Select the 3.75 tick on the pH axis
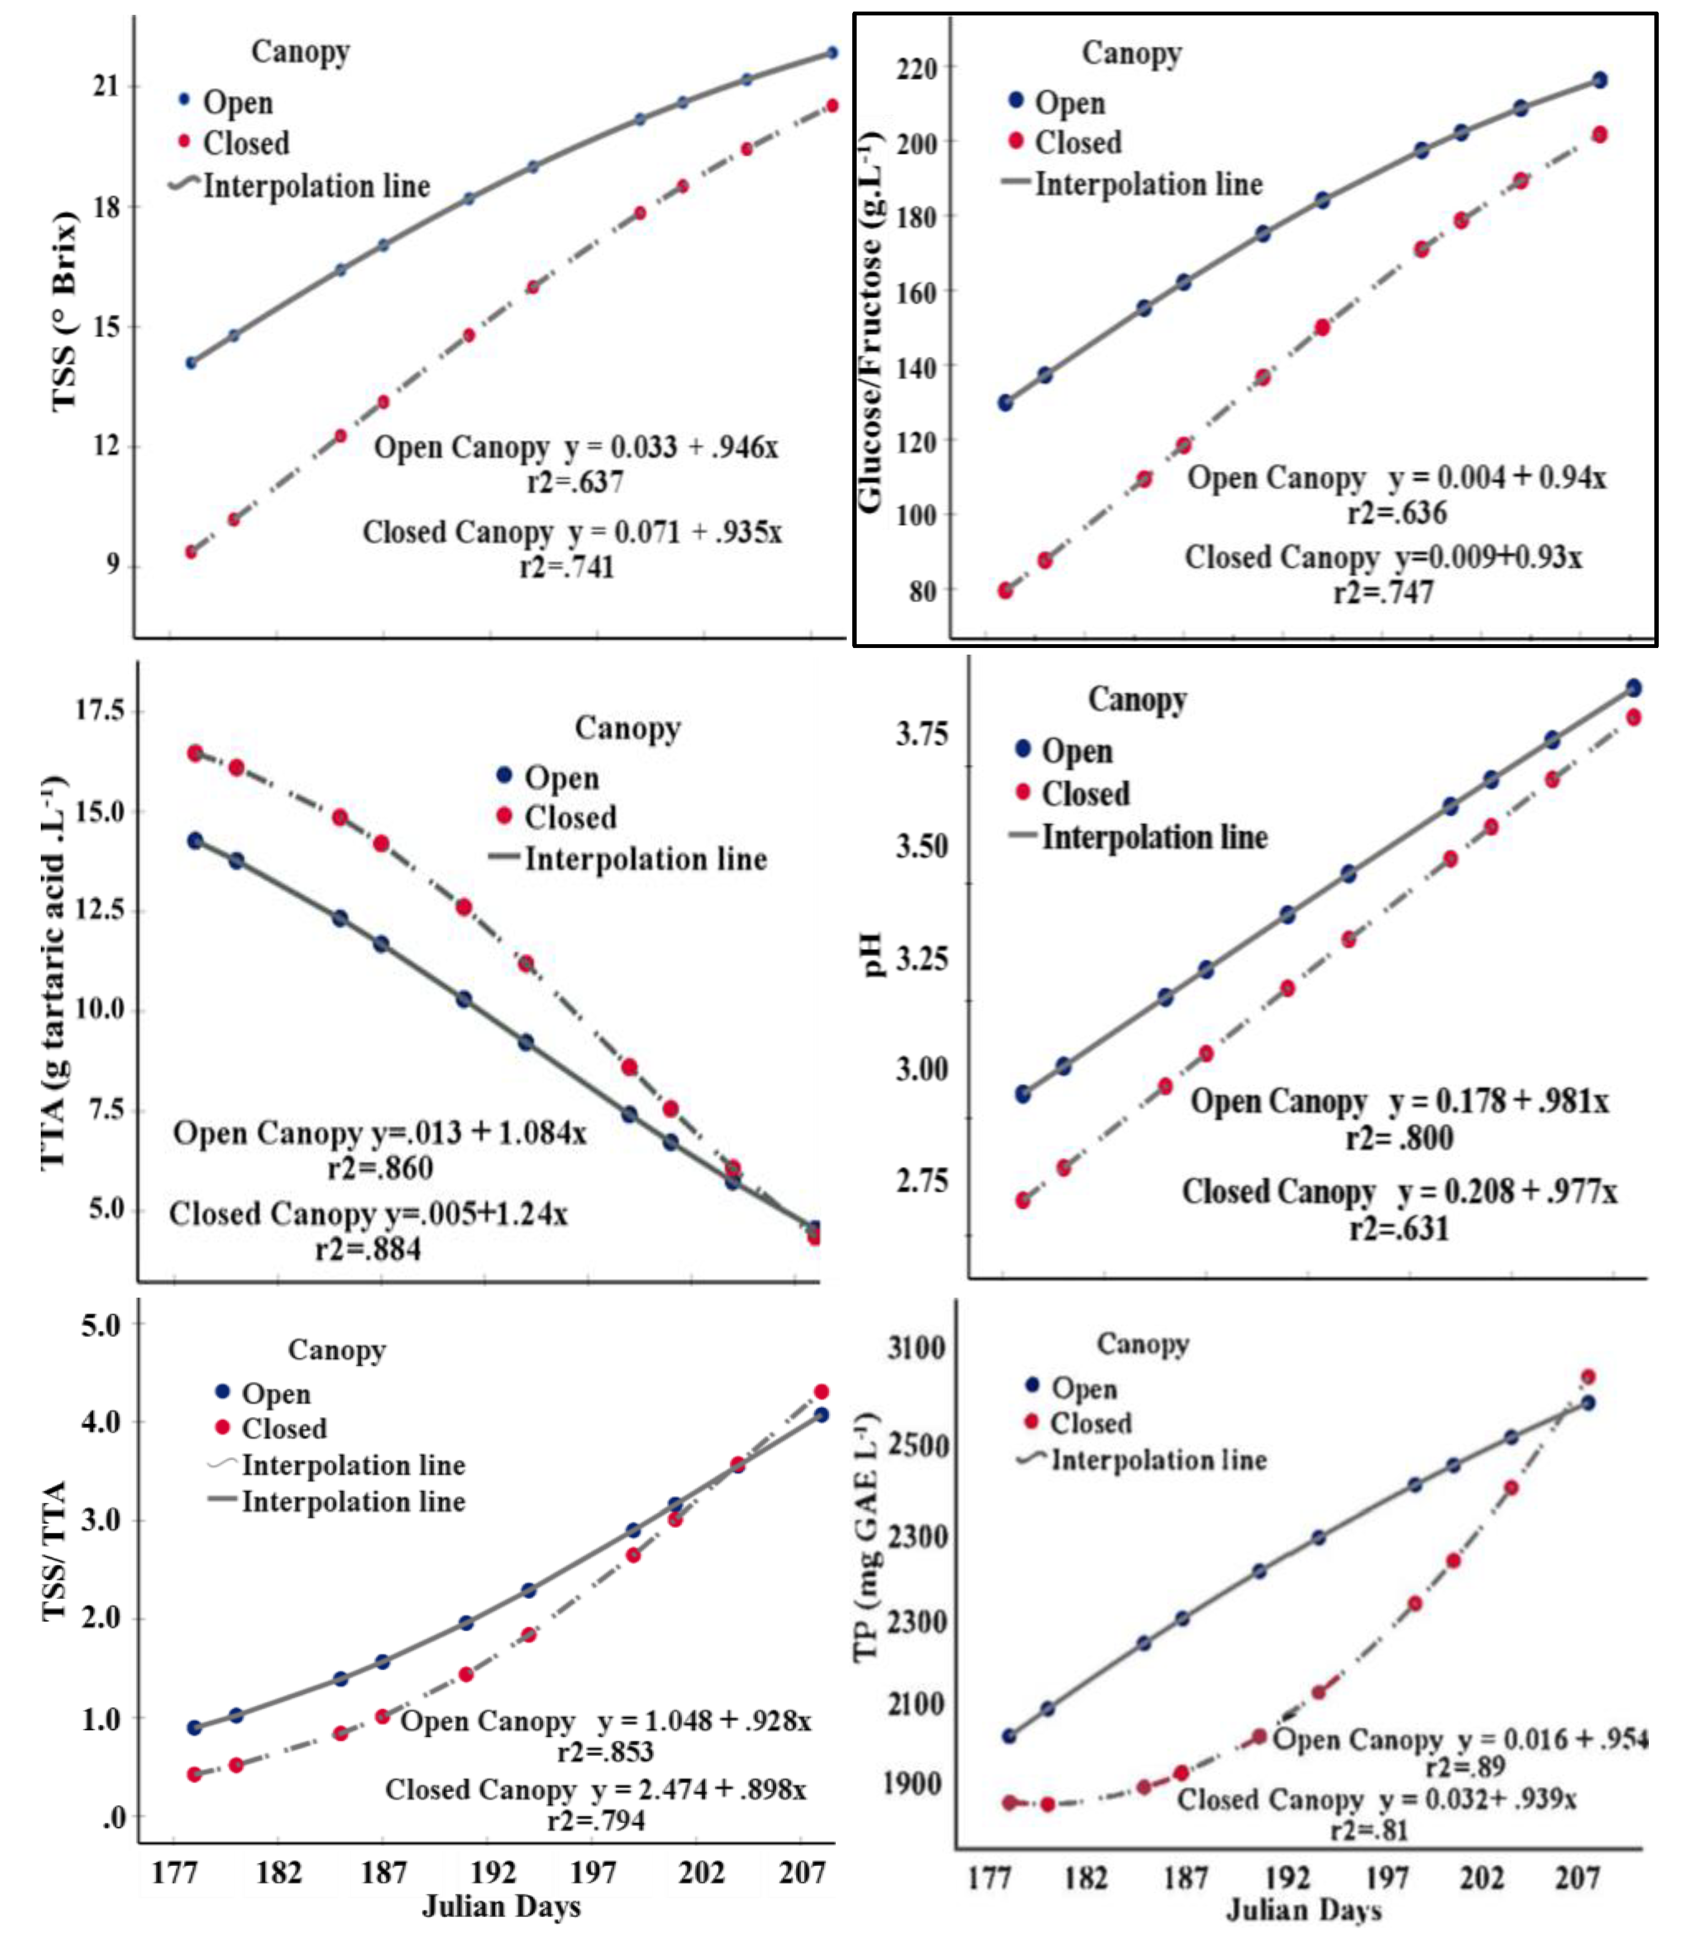pyautogui.click(x=921, y=733)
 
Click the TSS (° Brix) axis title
pyautogui.click(x=64, y=312)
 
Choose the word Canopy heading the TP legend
pyautogui.click(x=1142, y=1343)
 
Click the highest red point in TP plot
pyautogui.click(x=1588, y=1376)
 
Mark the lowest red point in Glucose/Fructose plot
pyautogui.click(x=1005, y=591)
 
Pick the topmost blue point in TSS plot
pyautogui.click(x=832, y=53)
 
